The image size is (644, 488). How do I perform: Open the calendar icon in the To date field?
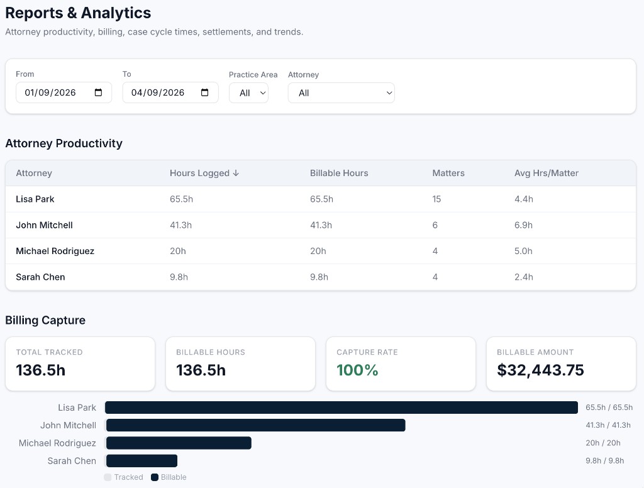pos(205,92)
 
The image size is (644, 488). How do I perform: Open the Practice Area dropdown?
pos(248,93)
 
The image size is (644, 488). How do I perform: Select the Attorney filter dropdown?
pos(341,93)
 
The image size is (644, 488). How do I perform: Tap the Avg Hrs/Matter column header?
pos(546,173)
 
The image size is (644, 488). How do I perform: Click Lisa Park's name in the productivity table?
pos(35,199)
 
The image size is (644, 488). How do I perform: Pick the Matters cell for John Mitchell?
pos(435,225)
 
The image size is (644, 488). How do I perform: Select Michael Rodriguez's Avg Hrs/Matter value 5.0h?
pos(523,251)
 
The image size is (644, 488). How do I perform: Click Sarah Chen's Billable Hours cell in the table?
pos(319,277)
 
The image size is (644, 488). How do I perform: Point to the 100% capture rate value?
pos(357,370)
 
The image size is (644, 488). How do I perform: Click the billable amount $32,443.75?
pos(540,370)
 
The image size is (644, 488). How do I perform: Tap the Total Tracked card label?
pos(49,352)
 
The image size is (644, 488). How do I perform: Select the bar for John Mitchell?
pos(255,425)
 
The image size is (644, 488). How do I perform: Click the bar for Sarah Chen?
pos(142,460)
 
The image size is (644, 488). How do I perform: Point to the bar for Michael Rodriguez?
pos(179,443)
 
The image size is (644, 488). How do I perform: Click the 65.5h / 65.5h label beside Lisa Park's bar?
pos(608,408)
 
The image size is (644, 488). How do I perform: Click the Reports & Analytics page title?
pos(78,13)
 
